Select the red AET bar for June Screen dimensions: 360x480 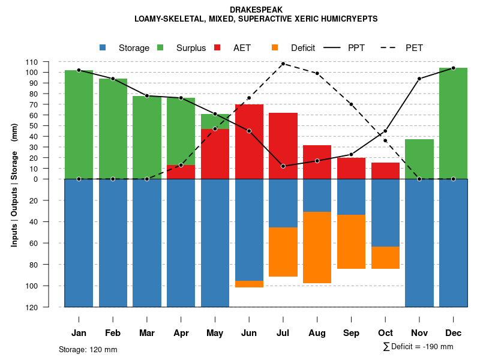pyautogui.click(x=249, y=142)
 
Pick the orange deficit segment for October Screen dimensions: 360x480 pyautogui.click(x=385, y=257)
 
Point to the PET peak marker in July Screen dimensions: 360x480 pyautogui.click(x=283, y=64)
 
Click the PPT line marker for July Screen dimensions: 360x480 pyautogui.click(x=283, y=166)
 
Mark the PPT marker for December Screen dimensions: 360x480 pyautogui.click(x=453, y=68)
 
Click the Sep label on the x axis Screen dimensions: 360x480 pyautogui.click(x=352, y=333)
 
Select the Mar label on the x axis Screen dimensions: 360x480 pyautogui.click(x=147, y=333)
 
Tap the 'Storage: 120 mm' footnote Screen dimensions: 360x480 pyautogui.click(x=88, y=349)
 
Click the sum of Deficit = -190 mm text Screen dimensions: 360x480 pyautogui.click(x=418, y=347)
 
